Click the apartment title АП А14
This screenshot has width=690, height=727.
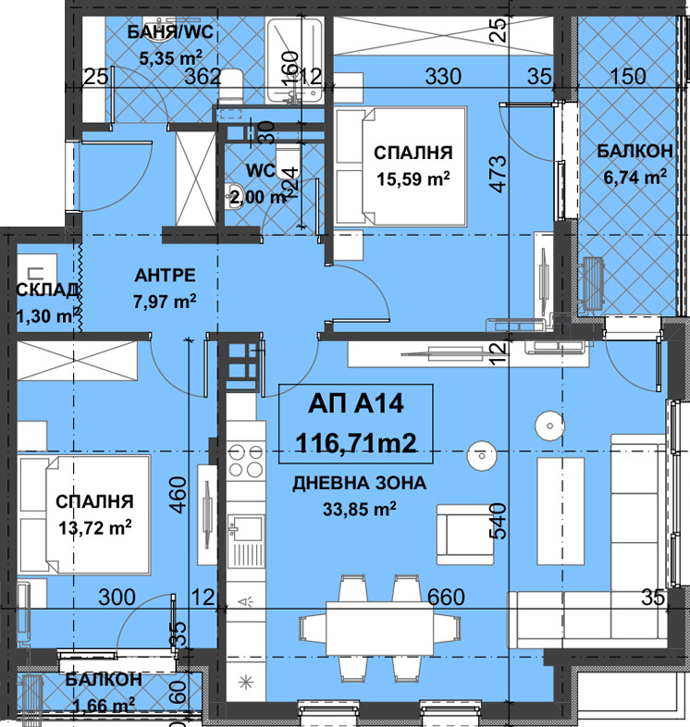click(356, 403)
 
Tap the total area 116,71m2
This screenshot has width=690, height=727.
click(356, 443)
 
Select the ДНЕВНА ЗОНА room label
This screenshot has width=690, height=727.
click(360, 483)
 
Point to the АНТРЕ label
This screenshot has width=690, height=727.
click(165, 276)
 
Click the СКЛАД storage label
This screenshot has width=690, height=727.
click(47, 290)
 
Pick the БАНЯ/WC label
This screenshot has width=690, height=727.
click(170, 32)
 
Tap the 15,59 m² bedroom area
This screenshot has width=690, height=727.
click(413, 179)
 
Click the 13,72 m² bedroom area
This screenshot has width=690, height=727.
click(94, 527)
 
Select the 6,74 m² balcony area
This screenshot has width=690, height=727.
click(635, 177)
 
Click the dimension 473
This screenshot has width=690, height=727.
click(498, 174)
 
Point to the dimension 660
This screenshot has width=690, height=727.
click(446, 598)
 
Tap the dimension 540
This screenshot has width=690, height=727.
click(498, 521)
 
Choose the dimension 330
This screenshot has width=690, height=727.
click(443, 77)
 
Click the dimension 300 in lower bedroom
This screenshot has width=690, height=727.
click(117, 598)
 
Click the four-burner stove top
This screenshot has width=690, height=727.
click(246, 461)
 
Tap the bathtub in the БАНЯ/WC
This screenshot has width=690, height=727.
click(295, 61)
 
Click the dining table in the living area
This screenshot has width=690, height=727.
click(380, 627)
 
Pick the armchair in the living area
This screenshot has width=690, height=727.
click(465, 535)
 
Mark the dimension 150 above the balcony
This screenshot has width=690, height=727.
click(628, 77)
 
